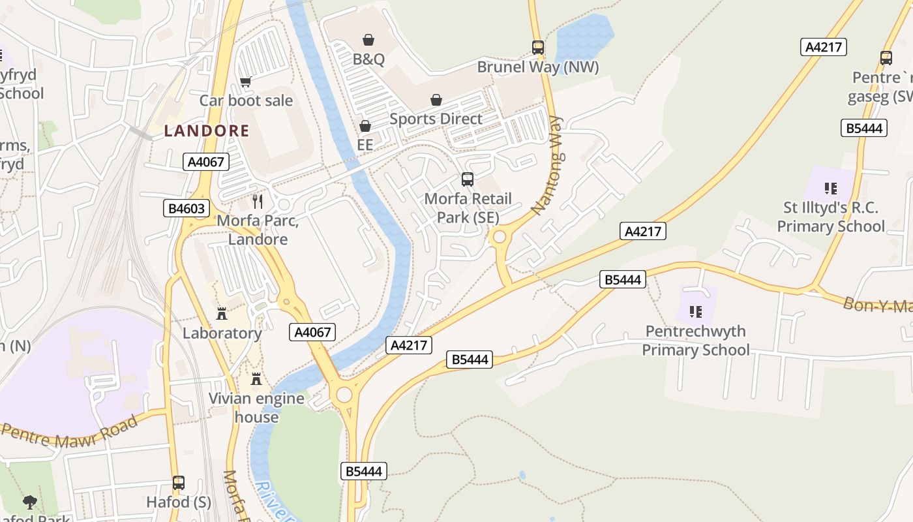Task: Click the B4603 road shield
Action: (187, 209)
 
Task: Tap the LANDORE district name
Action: (207, 130)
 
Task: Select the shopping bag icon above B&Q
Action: (368, 40)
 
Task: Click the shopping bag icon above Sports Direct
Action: (436, 100)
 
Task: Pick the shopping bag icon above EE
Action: (365, 125)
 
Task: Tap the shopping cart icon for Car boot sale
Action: (246, 82)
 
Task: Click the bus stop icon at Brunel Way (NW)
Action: (537, 48)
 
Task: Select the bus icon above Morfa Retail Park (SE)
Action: (467, 179)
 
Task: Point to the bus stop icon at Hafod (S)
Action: (179, 484)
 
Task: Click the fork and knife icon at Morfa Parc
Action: (258, 202)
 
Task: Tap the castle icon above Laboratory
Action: (222, 314)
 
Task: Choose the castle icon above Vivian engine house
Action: (256, 379)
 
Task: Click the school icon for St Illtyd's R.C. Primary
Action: (830, 189)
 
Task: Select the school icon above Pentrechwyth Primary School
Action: (695, 312)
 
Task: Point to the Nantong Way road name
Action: (546, 166)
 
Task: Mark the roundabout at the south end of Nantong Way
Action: (500, 237)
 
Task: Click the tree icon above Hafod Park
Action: (29, 502)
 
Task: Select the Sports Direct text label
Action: (436, 119)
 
